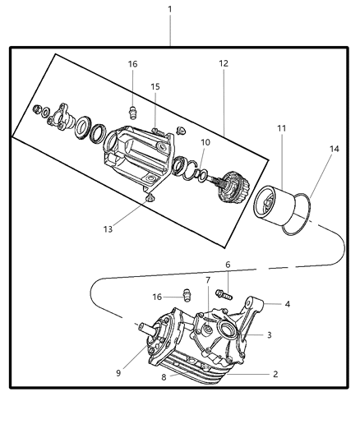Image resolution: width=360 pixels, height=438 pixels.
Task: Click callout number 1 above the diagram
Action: (x=170, y=9)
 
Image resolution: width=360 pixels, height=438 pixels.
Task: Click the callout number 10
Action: (x=205, y=142)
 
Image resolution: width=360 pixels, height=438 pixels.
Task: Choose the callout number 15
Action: (x=155, y=86)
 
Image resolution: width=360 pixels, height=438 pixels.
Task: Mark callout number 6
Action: (x=228, y=265)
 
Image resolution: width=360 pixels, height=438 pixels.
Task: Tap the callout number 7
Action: (x=208, y=280)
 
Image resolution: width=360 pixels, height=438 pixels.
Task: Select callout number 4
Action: (x=288, y=304)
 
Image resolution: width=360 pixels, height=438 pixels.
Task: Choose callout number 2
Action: (x=275, y=374)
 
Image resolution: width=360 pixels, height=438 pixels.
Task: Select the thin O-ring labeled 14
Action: (x=304, y=215)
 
